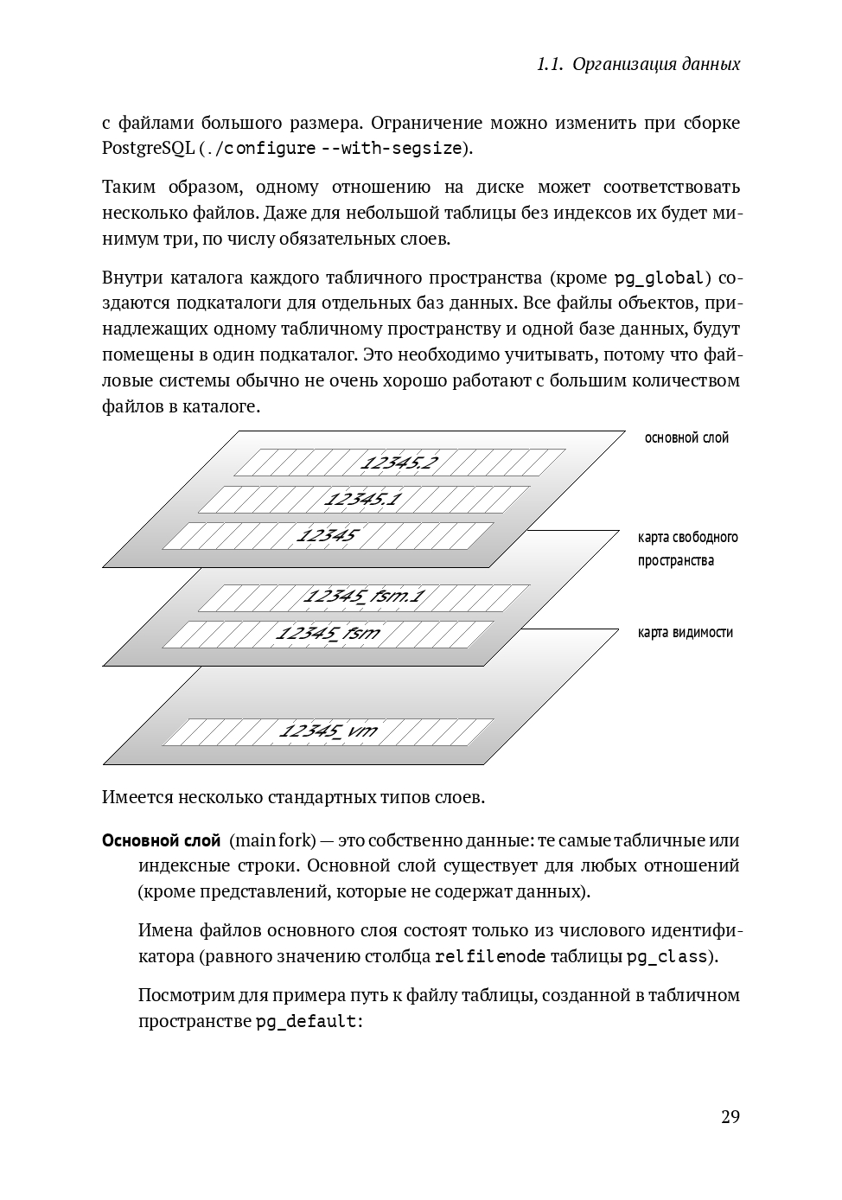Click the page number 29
(x=730, y=1116)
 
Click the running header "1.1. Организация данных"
(x=638, y=64)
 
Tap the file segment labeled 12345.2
(x=399, y=463)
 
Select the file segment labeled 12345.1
(x=363, y=499)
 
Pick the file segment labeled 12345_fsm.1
(x=364, y=597)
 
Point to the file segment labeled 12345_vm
(x=328, y=731)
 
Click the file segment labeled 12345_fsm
(x=328, y=633)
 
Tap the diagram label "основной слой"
(x=686, y=437)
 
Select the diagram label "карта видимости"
(x=685, y=632)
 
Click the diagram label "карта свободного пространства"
(x=687, y=548)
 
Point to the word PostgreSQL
(x=148, y=148)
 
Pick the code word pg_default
(x=306, y=1021)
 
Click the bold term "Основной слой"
(x=161, y=840)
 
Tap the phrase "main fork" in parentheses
(x=272, y=840)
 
